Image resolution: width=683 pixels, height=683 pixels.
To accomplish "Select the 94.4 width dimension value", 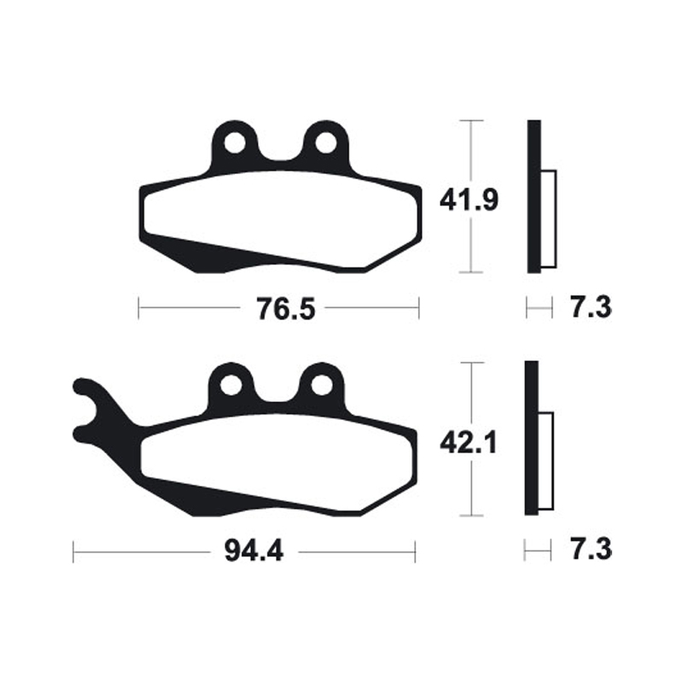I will (254, 552).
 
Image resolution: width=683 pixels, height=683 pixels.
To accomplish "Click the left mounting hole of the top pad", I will (231, 143).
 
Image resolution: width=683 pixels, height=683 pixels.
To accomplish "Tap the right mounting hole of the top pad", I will (324, 143).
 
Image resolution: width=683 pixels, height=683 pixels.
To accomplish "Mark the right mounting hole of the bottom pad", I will (321, 385).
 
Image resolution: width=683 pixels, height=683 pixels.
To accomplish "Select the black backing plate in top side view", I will (534, 196).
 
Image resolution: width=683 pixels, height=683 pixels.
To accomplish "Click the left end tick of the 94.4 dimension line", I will (73, 552).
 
